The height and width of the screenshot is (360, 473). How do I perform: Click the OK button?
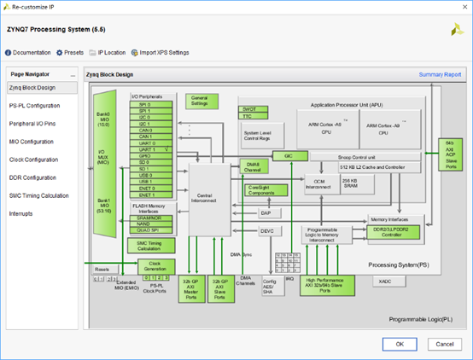point(399,343)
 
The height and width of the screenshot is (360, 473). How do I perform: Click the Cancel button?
point(441,343)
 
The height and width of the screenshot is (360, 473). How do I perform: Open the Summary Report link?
point(439,74)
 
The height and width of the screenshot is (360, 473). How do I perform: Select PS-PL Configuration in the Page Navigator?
point(34,105)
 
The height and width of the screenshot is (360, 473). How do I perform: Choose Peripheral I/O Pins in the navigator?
point(32,123)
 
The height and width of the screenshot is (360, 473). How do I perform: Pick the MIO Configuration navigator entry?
point(31,141)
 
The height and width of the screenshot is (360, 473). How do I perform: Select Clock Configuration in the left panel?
point(32,159)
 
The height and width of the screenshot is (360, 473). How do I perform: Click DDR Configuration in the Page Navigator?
point(32,177)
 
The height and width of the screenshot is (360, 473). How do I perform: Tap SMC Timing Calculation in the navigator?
point(38,195)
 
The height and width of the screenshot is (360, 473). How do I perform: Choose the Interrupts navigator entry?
point(22,213)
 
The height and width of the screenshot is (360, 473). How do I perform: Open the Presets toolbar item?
point(70,52)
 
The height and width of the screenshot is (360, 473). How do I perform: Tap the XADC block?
point(385,280)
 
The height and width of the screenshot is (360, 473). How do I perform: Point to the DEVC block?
point(266,231)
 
